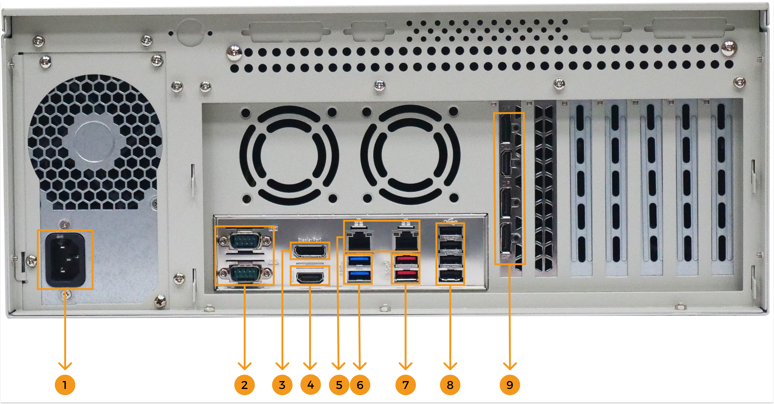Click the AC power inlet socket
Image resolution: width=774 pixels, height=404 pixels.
[65, 260]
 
